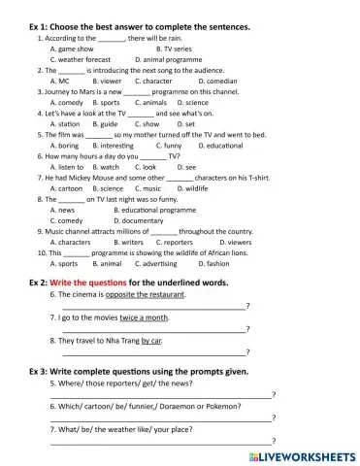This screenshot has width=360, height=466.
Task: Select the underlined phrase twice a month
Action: pyautogui.click(x=146, y=317)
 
